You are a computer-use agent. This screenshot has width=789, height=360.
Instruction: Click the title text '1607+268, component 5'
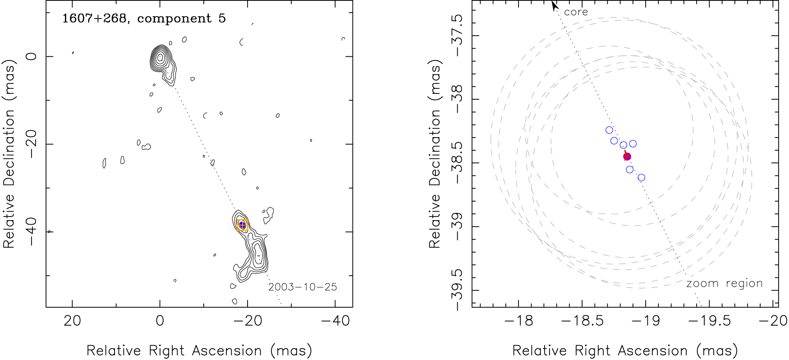(144, 18)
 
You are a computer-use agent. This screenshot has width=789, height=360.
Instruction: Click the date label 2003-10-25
(303, 287)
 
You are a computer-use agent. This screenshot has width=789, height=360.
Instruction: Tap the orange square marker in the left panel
(243, 225)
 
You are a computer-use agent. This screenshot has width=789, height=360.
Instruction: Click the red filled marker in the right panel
(627, 157)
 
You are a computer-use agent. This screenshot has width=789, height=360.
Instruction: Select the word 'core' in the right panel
(576, 12)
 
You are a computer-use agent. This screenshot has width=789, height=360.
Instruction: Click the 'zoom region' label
(724, 283)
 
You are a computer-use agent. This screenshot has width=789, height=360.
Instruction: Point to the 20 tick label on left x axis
(72, 321)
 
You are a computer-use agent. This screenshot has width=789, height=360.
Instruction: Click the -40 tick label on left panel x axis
(335, 321)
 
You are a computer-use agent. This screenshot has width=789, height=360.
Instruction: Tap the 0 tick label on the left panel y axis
(32, 56)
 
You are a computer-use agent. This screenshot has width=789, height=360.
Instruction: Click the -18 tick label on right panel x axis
(518, 321)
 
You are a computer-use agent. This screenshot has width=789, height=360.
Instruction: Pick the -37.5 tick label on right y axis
(457, 36)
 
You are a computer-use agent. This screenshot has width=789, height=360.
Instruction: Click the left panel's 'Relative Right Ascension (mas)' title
(199, 351)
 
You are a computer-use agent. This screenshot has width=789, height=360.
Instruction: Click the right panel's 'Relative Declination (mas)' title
(435, 154)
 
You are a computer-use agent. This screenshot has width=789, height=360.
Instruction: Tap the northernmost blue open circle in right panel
(609, 130)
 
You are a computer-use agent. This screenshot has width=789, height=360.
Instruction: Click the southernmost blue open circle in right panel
(641, 178)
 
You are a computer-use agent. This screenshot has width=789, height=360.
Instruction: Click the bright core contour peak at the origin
(160, 57)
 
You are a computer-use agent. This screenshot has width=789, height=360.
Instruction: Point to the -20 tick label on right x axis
(773, 321)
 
